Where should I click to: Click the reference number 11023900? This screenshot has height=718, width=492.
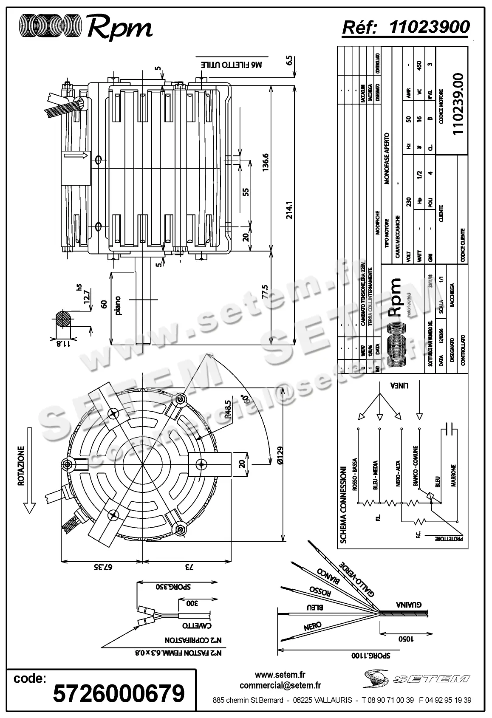(x=429, y=27)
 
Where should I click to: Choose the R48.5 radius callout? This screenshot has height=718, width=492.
(x=228, y=410)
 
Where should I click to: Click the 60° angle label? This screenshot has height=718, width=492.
(x=244, y=400)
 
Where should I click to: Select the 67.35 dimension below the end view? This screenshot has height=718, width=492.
(x=102, y=567)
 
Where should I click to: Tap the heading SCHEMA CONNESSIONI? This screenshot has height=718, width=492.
(x=344, y=505)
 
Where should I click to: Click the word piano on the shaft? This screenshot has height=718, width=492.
(x=118, y=305)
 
